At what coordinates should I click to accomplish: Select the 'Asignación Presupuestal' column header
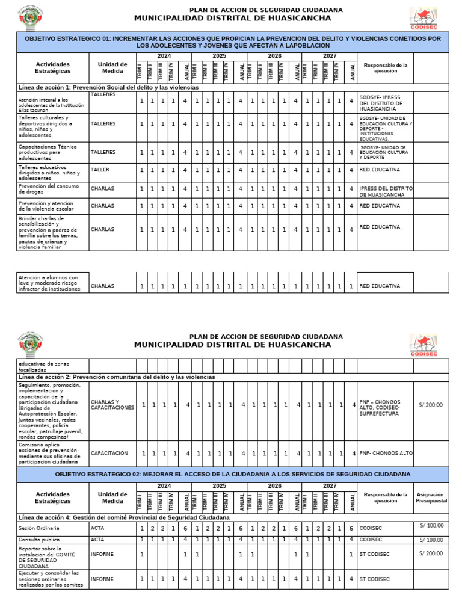coord(431,497)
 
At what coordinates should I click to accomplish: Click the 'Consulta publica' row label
coord(40,540)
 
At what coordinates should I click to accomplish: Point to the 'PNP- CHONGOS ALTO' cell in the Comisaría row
coord(386,453)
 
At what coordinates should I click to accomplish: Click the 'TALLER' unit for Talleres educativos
coord(100,170)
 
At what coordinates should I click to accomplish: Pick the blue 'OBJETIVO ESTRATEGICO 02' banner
coord(233,474)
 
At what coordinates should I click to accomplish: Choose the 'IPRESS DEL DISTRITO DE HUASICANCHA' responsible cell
coord(386,191)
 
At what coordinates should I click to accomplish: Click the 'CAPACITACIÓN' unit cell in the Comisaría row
coord(109,453)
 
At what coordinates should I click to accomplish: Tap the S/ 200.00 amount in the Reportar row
coord(431,553)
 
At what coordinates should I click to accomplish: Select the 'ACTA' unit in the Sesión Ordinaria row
coord(97,528)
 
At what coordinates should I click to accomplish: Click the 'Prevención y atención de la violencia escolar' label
coord(48,206)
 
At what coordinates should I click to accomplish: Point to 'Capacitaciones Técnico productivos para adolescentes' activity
coord(48,152)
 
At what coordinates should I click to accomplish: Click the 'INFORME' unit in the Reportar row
coord(101,554)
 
